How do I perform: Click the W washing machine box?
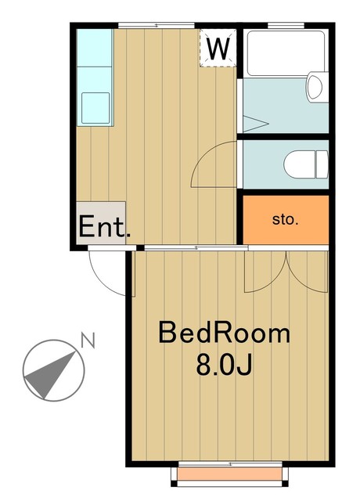(218, 49)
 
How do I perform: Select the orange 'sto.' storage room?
(285, 219)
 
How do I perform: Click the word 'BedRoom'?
(224, 333)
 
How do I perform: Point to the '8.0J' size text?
(224, 365)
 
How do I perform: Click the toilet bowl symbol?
(306, 164)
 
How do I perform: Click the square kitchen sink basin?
(95, 107)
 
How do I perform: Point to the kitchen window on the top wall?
(156, 26)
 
